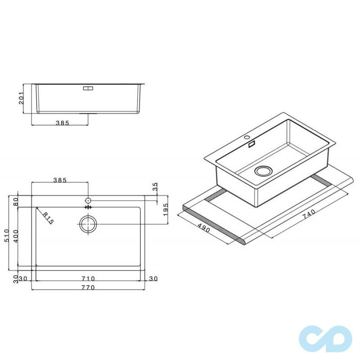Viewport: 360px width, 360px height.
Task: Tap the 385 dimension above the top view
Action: (60, 180)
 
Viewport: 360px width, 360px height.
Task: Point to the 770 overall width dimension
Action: (88, 288)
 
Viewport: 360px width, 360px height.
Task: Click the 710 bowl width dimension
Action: (88, 279)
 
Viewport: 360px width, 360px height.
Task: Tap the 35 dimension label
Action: (156, 187)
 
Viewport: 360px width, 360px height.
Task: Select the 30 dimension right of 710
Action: (153, 279)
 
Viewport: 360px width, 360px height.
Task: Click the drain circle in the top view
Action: (88, 223)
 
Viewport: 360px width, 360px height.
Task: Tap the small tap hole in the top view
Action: (88, 199)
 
